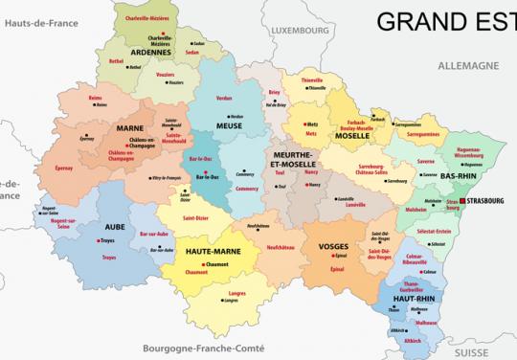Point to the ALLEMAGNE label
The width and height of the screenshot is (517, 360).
pyautogui.click(x=468, y=66)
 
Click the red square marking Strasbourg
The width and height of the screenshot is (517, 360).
pyautogui.click(x=463, y=200)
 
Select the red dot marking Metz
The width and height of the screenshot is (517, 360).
pyautogui.click(x=332, y=124)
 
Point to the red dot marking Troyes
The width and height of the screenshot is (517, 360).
pyautogui.click(x=101, y=243)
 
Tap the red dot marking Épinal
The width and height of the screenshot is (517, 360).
pyautogui.click(x=332, y=257)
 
